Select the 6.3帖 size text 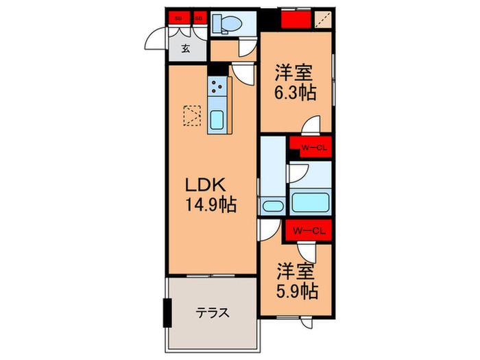pyautogui.click(x=296, y=92)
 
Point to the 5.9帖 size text pyautogui.click(x=297, y=291)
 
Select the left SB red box pyautogui.click(x=178, y=19)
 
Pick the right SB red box pyautogui.click(x=198, y=19)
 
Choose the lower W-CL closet pyautogui.click(x=309, y=230)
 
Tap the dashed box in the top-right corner pyautogui.click(x=322, y=20)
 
